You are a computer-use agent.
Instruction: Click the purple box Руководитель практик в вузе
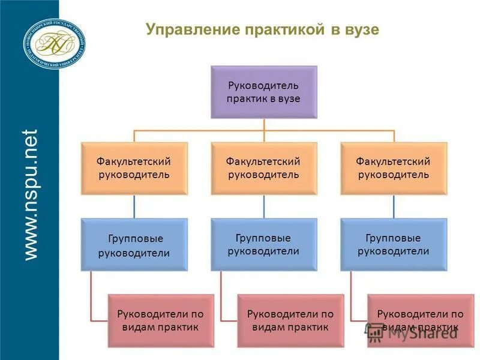click(x=263, y=92)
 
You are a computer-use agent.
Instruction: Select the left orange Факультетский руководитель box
click(x=134, y=168)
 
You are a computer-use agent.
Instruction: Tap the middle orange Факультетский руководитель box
click(x=263, y=168)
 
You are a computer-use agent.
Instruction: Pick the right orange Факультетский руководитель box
click(x=394, y=168)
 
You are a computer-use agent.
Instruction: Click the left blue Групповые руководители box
click(x=134, y=245)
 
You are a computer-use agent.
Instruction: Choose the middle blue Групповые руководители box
click(x=263, y=245)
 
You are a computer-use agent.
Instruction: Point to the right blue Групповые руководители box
click(x=394, y=245)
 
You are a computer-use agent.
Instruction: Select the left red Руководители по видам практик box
click(x=161, y=320)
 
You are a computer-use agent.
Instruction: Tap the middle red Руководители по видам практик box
click(x=290, y=320)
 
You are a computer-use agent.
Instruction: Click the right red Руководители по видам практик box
click(x=420, y=320)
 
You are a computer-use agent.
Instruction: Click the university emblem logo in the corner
click(x=54, y=42)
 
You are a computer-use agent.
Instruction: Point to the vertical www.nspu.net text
click(x=31, y=193)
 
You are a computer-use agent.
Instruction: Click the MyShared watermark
click(x=414, y=333)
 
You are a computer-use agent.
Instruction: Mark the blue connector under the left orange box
click(x=134, y=206)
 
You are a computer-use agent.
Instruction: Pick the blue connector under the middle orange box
click(x=264, y=206)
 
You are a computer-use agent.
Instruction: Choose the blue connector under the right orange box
click(x=394, y=206)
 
